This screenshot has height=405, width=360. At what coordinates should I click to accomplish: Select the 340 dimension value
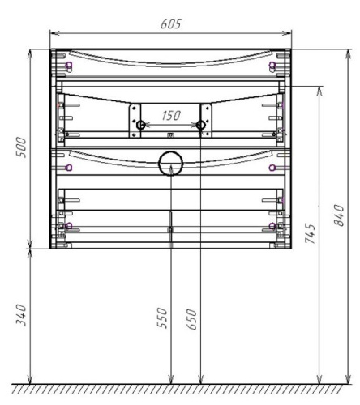24,315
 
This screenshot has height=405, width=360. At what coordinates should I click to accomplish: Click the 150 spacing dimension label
170,116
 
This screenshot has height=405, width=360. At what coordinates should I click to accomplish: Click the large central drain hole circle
170,164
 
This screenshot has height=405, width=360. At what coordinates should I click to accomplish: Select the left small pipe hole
140,126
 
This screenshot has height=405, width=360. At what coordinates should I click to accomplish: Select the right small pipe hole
199,126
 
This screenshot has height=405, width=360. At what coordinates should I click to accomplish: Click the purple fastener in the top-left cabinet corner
68,66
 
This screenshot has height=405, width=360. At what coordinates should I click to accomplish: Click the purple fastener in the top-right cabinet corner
272,66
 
